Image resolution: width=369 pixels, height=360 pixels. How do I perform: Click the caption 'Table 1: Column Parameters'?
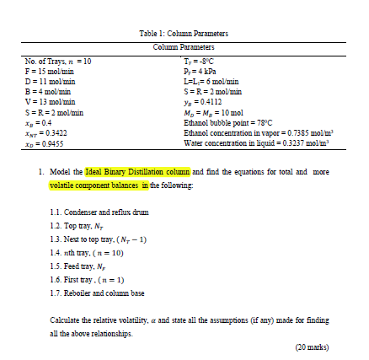184,32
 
